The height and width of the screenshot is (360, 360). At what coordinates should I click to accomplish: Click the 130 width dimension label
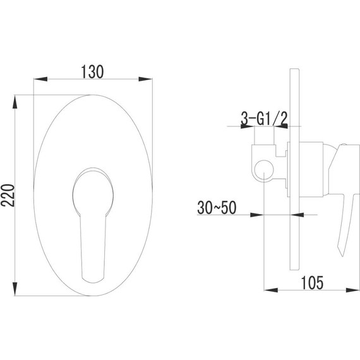click(92, 71)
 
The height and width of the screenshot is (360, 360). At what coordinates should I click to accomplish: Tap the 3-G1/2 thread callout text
click(264, 119)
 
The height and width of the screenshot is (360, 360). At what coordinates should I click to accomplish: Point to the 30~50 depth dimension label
click(217, 208)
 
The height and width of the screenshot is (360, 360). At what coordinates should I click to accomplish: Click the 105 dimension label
click(312, 282)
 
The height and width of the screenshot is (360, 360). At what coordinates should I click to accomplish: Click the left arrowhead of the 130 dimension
click(40, 79)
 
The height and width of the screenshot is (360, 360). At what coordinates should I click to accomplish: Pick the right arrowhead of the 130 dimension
click(145, 79)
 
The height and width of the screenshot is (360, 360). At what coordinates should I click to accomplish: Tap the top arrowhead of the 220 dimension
click(15, 102)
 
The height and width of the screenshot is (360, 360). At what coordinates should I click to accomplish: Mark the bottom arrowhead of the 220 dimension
click(15, 289)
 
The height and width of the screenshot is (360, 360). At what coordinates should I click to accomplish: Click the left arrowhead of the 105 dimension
click(271, 290)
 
